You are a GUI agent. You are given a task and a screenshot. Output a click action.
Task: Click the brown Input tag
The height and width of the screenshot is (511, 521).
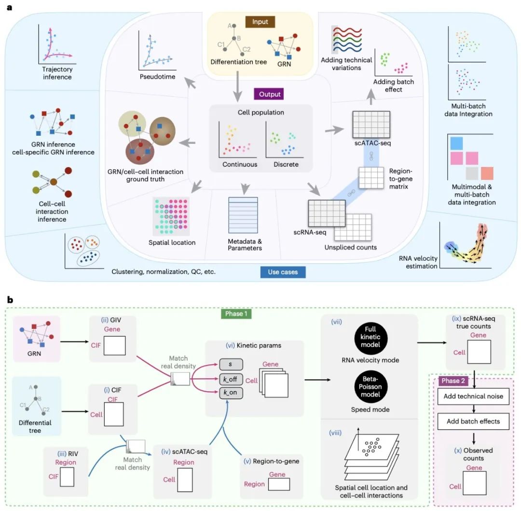point(260,22)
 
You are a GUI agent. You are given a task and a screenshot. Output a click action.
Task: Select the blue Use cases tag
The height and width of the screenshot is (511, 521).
point(283,272)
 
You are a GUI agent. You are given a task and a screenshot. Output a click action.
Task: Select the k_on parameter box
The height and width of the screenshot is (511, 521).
point(231,393)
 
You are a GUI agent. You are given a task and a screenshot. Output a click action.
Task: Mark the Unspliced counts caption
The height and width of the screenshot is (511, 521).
point(351,247)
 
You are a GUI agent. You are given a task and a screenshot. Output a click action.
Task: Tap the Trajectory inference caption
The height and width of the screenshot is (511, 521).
point(57,73)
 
